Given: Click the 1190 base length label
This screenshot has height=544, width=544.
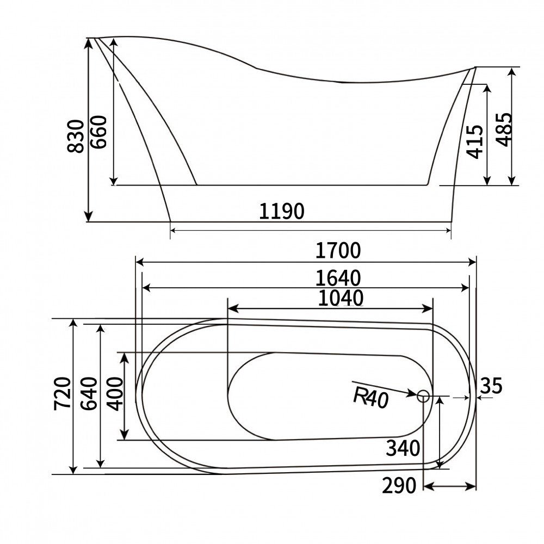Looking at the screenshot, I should (x=281, y=212).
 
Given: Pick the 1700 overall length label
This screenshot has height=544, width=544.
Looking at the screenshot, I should (x=338, y=251).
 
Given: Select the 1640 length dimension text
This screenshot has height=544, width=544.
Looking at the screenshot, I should (x=338, y=278).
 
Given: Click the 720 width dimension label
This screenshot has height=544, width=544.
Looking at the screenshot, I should (x=63, y=392).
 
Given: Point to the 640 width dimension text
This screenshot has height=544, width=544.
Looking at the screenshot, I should (x=89, y=392).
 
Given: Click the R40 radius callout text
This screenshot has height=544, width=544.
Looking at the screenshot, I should (x=370, y=398).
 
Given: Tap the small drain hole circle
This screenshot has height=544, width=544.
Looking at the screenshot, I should (x=424, y=397).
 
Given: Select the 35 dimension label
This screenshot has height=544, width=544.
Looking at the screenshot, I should (x=491, y=386).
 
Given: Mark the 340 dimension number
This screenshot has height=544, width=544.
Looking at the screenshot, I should (x=403, y=448).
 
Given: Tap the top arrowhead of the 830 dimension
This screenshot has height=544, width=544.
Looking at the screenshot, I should (x=89, y=43).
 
